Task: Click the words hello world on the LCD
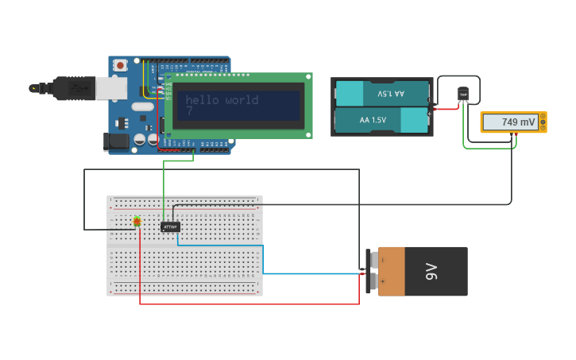222,100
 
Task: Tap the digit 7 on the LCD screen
189,112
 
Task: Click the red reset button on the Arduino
120,65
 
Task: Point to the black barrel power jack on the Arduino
116,141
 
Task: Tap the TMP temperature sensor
463,95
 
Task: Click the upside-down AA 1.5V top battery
382,93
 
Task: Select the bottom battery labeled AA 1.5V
382,120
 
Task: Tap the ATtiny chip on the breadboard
170,226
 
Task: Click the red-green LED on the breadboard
137,221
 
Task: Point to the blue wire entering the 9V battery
318,273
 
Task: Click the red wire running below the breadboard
246,304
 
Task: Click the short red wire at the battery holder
446,109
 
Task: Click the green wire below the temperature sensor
485,148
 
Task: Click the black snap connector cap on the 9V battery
372,271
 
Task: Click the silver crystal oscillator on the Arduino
143,106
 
